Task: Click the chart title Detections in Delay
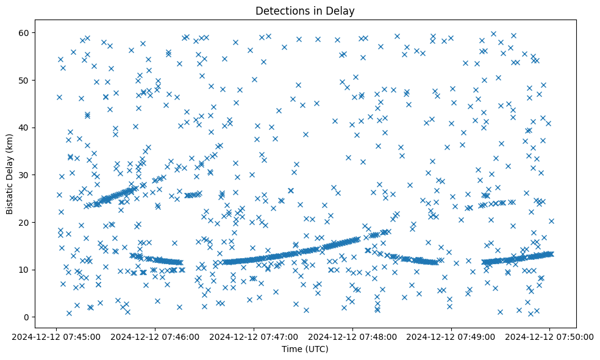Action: pos(305,11)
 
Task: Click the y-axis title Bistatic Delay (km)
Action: pos(10,165)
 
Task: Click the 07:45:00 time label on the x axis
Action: pos(56,336)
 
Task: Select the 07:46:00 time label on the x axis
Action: pos(155,336)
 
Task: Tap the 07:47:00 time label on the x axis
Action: pos(254,336)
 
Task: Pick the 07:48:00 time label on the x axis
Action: pos(352,336)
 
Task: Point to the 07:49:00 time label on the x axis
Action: pos(451,336)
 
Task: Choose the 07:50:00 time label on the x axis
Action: pos(549,336)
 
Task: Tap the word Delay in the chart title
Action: pos(342,11)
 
